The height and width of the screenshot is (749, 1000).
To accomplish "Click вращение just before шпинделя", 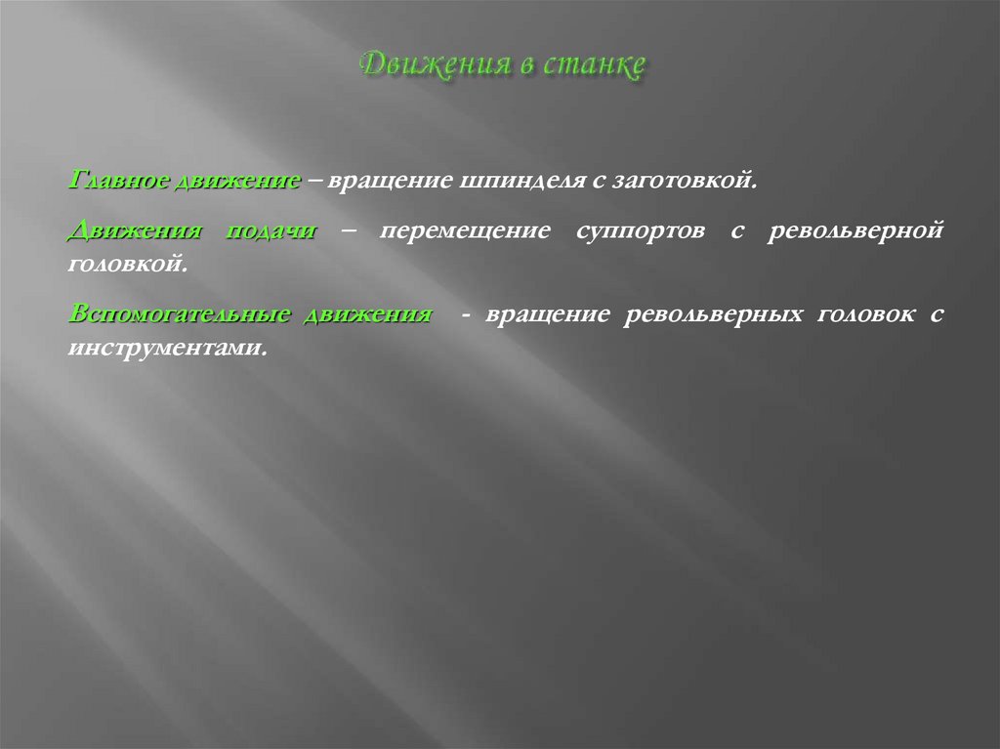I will (x=385, y=182).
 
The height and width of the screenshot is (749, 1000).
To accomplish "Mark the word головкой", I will (x=127, y=264).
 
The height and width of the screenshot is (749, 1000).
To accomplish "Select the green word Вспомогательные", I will (x=180, y=314).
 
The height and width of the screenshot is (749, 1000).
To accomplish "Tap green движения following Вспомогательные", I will (x=367, y=314).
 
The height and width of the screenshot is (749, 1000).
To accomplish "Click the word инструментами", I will (x=167, y=346).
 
